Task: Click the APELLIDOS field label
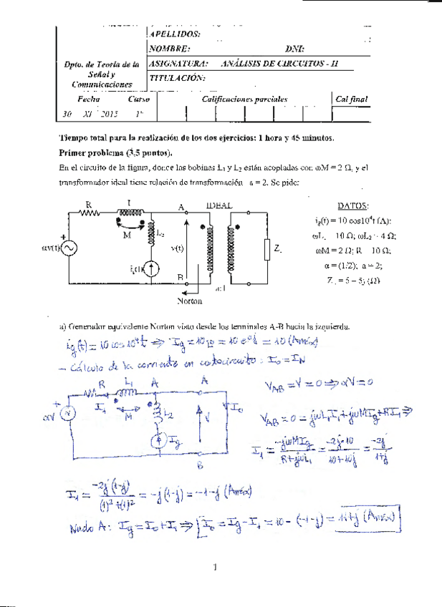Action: coord(176,34)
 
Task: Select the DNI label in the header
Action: coord(294,49)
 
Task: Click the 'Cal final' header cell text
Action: coord(351,99)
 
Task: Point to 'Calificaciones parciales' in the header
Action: coord(245,99)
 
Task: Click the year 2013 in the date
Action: coord(110,114)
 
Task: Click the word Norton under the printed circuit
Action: coord(189,301)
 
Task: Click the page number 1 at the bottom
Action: coord(214,568)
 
